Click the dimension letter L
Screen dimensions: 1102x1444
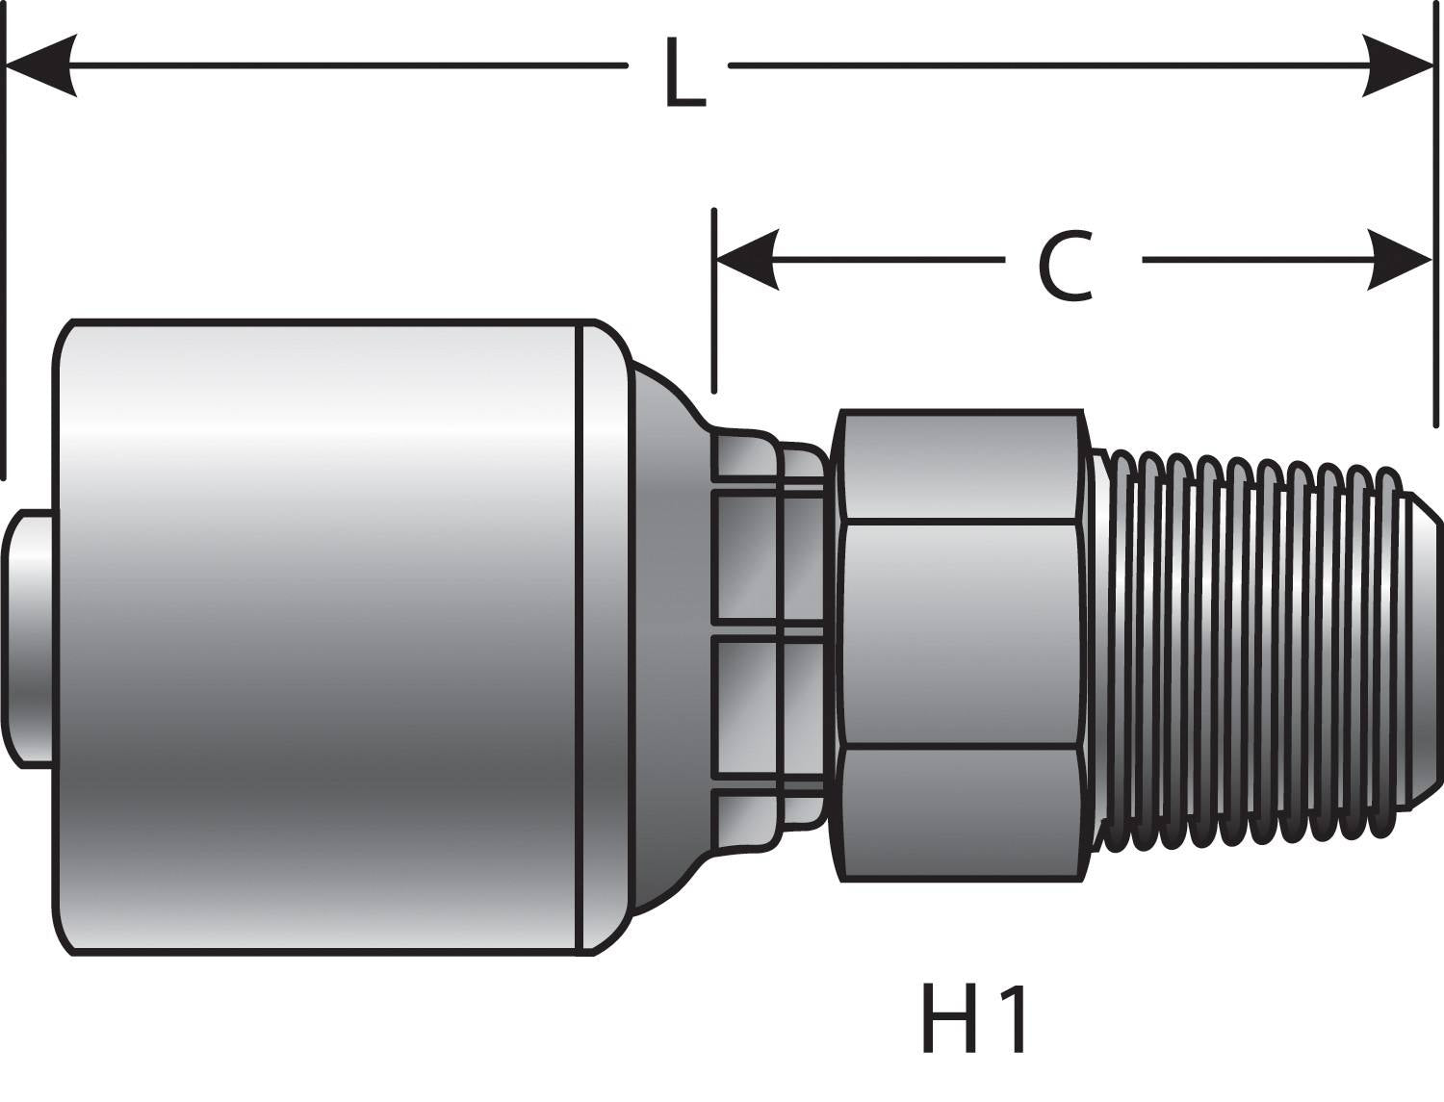click(684, 72)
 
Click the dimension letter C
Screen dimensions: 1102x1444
click(1066, 267)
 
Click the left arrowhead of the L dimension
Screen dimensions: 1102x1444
click(43, 66)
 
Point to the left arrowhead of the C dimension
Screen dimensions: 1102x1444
click(747, 260)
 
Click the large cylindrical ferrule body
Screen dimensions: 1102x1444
click(318, 635)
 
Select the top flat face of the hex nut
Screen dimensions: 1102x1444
click(958, 467)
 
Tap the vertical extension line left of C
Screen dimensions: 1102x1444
click(713, 308)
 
